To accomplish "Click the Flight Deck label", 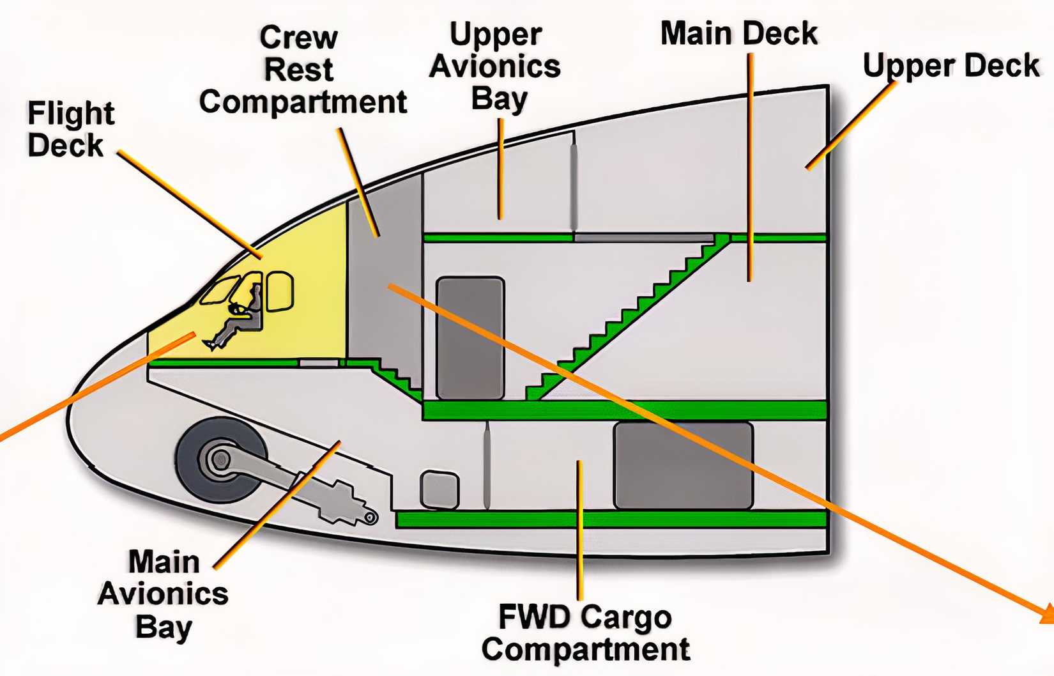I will [x=70, y=129].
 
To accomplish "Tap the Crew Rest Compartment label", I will [x=302, y=70].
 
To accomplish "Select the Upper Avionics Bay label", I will [x=496, y=66].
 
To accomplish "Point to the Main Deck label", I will [x=738, y=33].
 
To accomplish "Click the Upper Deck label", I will [x=951, y=66].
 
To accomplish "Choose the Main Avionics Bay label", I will [x=164, y=594].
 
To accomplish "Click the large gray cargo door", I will [x=683, y=465].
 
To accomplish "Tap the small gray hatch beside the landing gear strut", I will [x=439, y=489].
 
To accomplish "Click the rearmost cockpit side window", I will [x=279, y=291].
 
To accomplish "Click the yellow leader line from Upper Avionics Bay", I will [x=501, y=169].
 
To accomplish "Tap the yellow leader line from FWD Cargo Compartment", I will [x=579, y=530].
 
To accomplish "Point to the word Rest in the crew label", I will [x=299, y=70].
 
